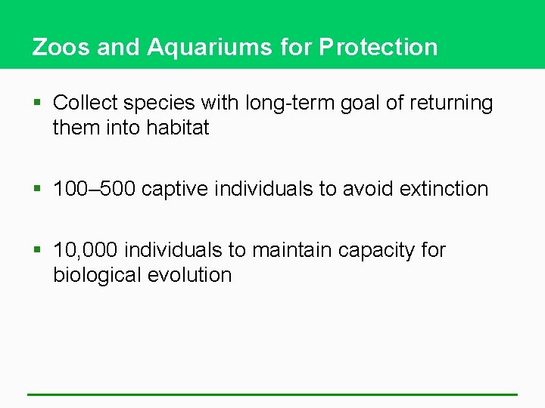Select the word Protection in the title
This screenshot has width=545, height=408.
coord(378,47)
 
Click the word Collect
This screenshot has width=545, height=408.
coord(84,103)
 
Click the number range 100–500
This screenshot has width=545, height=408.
coord(94,188)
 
